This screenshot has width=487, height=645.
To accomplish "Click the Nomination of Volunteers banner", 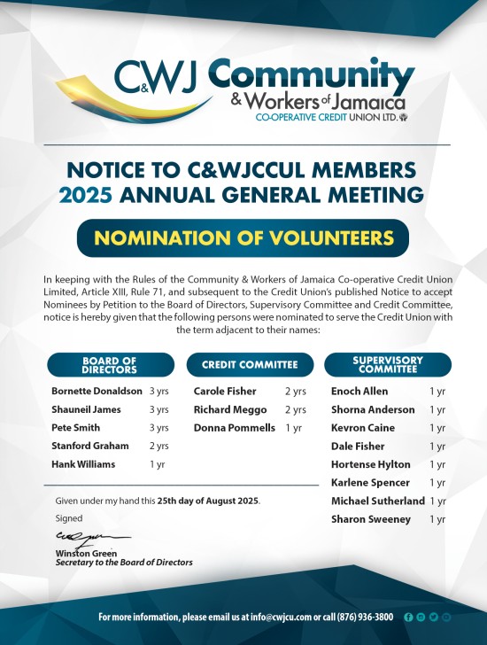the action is click(243, 238).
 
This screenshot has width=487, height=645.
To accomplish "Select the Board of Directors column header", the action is click(109, 365).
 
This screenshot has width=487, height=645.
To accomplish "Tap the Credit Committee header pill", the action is click(243, 365).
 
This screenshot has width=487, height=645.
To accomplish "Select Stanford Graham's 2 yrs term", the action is click(158, 446).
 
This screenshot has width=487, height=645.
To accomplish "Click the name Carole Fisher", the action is click(225, 391).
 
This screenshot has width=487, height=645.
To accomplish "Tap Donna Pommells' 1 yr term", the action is click(293, 428).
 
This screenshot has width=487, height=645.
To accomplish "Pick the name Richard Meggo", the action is click(229, 409).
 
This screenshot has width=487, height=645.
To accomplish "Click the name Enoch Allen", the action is click(359, 391).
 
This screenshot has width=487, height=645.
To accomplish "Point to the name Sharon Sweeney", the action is click(370, 519).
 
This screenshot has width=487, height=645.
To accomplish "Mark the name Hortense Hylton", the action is click(370, 464).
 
